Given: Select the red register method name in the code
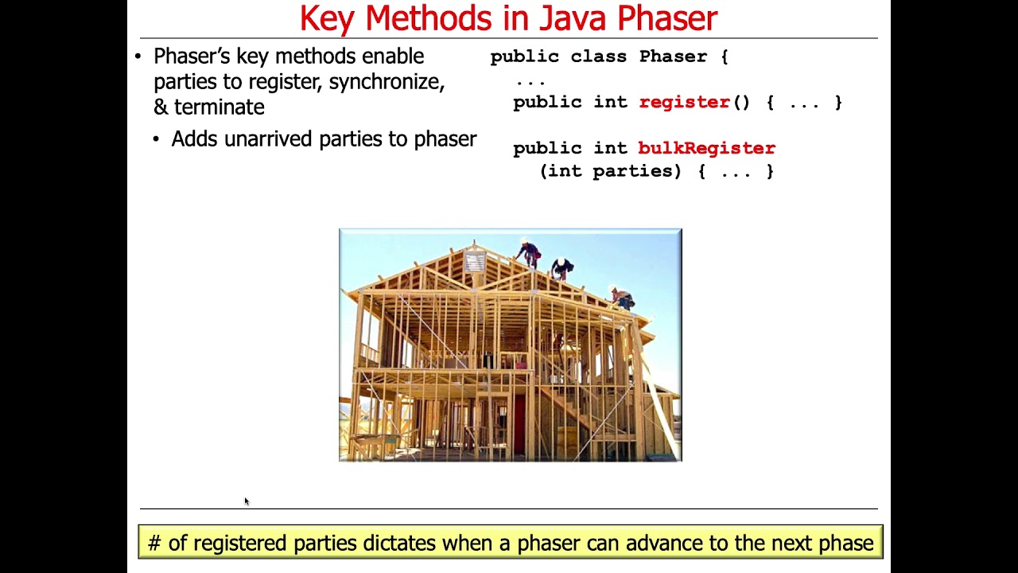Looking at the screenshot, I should [x=684, y=102].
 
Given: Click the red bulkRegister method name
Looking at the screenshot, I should [x=706, y=148].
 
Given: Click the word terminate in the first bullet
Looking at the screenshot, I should [x=220, y=107].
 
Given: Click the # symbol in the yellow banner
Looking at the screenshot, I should [x=154, y=544].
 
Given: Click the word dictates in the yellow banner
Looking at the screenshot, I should [x=399, y=544].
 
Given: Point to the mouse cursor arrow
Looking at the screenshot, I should [x=247, y=501].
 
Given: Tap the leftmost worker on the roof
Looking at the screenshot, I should [x=530, y=254].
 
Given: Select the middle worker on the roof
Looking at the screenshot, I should [x=562, y=268].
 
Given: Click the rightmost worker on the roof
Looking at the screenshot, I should [x=622, y=298].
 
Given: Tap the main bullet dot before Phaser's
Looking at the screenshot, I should [x=138, y=57].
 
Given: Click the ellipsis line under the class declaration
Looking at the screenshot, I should [x=530, y=80].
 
